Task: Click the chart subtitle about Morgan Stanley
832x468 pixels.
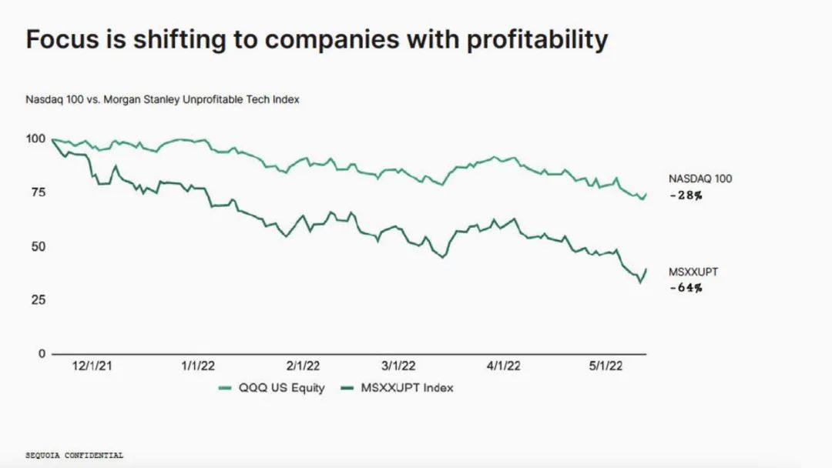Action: click(163, 100)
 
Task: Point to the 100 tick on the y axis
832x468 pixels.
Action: click(35, 139)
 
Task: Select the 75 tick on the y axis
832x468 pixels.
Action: click(38, 193)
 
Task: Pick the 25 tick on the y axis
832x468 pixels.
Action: click(38, 300)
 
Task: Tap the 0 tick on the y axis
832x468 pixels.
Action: click(42, 354)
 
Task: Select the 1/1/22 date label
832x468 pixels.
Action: click(198, 367)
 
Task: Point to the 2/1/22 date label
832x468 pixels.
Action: click(304, 367)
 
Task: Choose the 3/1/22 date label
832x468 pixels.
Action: click(399, 367)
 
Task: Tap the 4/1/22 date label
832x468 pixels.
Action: click(505, 367)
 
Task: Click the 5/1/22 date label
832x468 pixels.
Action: click(606, 367)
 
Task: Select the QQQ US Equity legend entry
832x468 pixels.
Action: click(272, 388)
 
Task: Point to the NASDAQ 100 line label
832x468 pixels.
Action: click(700, 179)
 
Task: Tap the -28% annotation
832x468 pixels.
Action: click(686, 196)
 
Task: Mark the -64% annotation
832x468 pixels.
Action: click(686, 288)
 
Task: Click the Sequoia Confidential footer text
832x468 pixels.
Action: click(74, 456)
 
